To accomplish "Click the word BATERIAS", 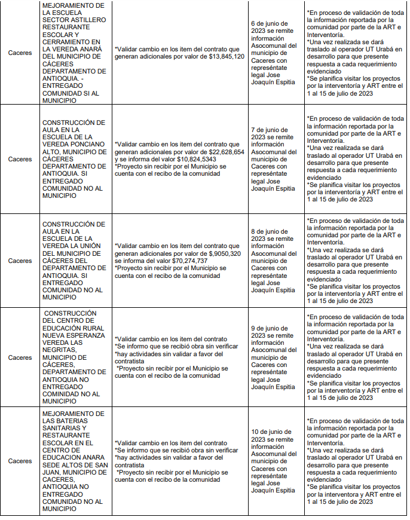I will [68, 421].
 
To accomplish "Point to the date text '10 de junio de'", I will [271, 432].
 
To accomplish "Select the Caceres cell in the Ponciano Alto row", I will [20, 160].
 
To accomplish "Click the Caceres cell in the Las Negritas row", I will [20, 357].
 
